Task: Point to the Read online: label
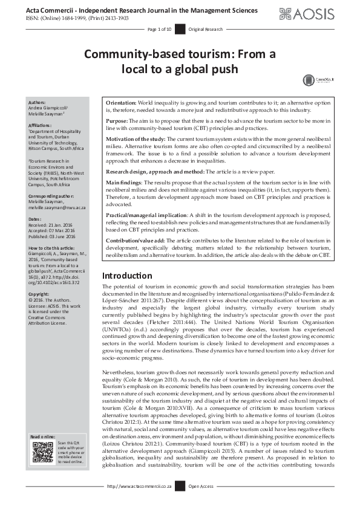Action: tap(43, 436)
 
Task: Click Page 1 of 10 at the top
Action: tap(160, 29)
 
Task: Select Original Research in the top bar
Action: tap(206, 29)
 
